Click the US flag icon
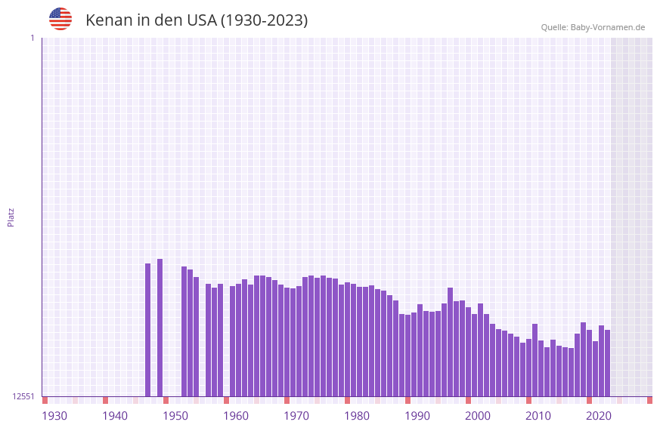60,19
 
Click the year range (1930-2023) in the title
264,20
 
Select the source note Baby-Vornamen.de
593,27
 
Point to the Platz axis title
11,217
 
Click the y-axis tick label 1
32,38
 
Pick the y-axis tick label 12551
23,396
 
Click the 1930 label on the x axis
54,416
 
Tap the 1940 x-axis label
115,416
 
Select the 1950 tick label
175,416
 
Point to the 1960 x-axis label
236,416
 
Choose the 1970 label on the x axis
296,416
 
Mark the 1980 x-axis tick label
357,416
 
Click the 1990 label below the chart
417,416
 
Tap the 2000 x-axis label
478,416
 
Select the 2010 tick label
538,416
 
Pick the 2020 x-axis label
599,416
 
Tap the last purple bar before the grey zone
607,363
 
